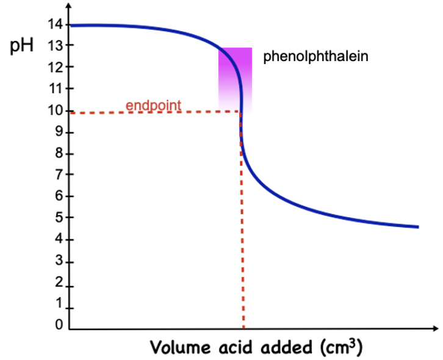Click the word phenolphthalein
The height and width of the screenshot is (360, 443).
pyautogui.click(x=307, y=57)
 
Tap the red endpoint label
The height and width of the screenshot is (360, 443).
pyautogui.click(x=153, y=105)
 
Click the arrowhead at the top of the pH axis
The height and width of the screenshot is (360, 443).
pyautogui.click(x=70, y=7)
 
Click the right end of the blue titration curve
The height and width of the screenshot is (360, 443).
pyautogui.click(x=418, y=227)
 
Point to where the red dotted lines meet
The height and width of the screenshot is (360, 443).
pyautogui.click(x=242, y=111)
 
